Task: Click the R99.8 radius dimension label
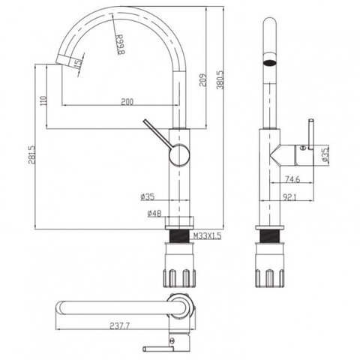pyautogui.click(x=120, y=44)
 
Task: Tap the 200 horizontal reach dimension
pyautogui.click(x=127, y=101)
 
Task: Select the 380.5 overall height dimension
pyautogui.click(x=220, y=80)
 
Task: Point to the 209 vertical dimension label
pyautogui.click(x=202, y=80)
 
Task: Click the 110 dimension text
pyautogui.click(x=43, y=100)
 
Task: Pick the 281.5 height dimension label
pyautogui.click(x=31, y=154)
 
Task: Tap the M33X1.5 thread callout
pyautogui.click(x=208, y=235)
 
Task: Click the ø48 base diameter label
pyautogui.click(x=154, y=213)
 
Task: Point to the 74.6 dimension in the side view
pyautogui.click(x=292, y=179)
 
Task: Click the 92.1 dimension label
pyautogui.click(x=289, y=197)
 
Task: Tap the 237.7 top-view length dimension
pyautogui.click(x=119, y=325)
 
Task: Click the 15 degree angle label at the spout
pyautogui.click(x=79, y=63)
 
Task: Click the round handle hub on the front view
pyautogui.click(x=179, y=155)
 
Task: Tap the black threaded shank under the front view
pyautogui.click(x=179, y=236)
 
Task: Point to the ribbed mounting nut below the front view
pyautogui.click(x=179, y=265)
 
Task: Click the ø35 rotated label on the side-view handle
pyautogui.click(x=325, y=154)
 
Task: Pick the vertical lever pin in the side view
pyautogui.click(x=311, y=134)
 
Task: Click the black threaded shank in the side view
pyautogui.click(x=270, y=236)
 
